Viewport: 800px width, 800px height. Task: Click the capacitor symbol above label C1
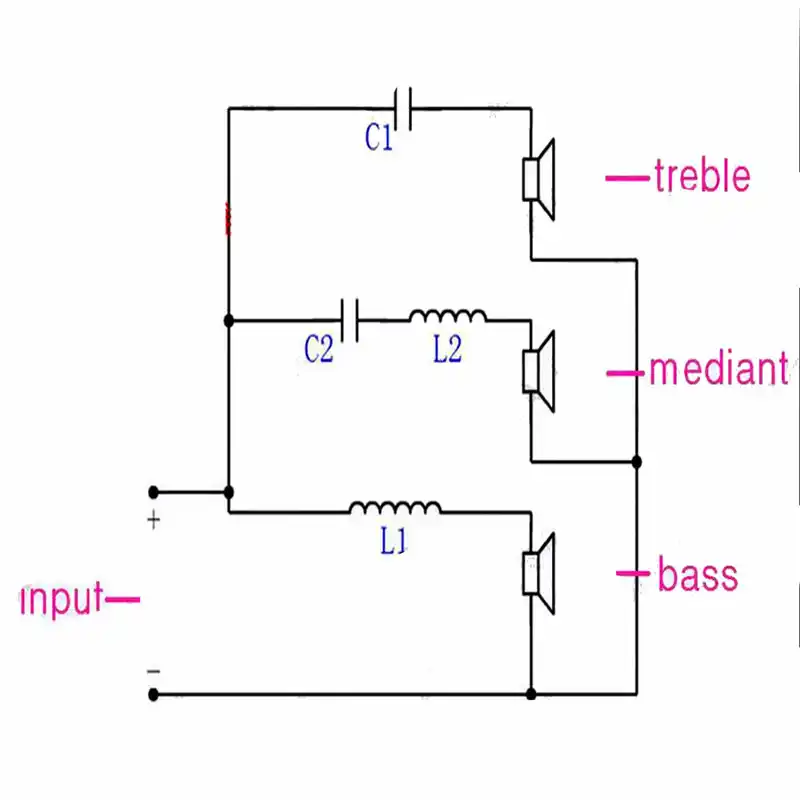point(403,109)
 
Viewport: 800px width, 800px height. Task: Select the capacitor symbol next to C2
point(350,320)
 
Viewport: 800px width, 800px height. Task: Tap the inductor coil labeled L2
point(447,316)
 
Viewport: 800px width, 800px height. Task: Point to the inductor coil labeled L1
point(395,508)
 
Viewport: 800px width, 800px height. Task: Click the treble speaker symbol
point(539,180)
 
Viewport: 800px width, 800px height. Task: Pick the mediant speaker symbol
point(539,371)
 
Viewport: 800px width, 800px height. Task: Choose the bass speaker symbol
point(539,573)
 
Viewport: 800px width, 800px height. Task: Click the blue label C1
point(379,137)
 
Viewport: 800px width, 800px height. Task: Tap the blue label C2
point(319,349)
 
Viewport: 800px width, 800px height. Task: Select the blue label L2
point(447,349)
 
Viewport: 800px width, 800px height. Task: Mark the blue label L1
point(393,541)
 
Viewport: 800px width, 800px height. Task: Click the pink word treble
point(703,176)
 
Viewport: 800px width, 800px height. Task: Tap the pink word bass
point(698,574)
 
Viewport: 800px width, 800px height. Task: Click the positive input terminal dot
point(153,492)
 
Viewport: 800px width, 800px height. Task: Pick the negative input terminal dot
point(153,694)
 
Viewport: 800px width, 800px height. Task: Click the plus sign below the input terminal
point(154,520)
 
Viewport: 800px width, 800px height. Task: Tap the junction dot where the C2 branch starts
point(229,320)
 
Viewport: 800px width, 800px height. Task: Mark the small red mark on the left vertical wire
point(228,219)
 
